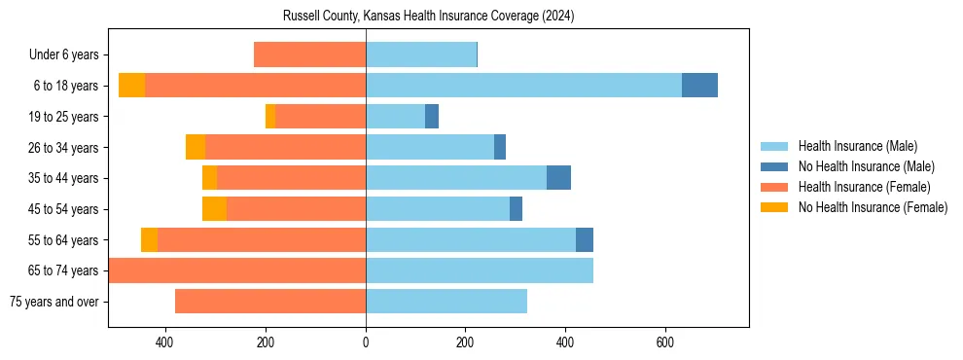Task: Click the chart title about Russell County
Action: click(429, 17)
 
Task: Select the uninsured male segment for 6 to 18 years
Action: click(699, 86)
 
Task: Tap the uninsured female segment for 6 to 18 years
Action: click(131, 86)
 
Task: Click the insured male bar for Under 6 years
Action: click(421, 54)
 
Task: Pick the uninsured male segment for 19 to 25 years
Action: click(432, 116)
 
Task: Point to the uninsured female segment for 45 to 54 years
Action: click(214, 209)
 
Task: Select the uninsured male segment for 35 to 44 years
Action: click(558, 178)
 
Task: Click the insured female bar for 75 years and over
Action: click(270, 302)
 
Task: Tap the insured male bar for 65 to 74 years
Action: click(480, 270)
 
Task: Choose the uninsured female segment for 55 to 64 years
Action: click(149, 239)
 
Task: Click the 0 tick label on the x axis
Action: click(366, 342)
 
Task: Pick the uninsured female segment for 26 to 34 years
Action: click(196, 147)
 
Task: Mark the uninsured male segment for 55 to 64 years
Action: click(585, 239)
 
